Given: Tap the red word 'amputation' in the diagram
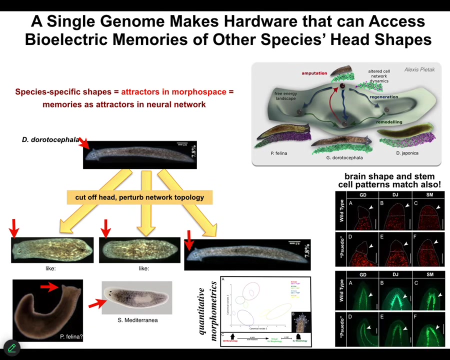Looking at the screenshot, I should pyautogui.click(x=314, y=73).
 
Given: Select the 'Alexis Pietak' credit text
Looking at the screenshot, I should pyautogui.click(x=419, y=69).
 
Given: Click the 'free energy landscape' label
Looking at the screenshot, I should pyautogui.click(x=285, y=95).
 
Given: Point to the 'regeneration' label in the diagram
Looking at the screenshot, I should pyautogui.click(x=384, y=97).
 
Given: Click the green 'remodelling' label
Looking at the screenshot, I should pyautogui.click(x=389, y=122).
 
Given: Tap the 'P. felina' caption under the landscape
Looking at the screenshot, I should pyautogui.click(x=278, y=153).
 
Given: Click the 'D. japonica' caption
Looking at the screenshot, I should pyautogui.click(x=407, y=153).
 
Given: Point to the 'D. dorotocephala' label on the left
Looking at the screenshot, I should pyautogui.click(x=50, y=139).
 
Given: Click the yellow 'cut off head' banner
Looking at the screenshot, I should pyautogui.click(x=139, y=197).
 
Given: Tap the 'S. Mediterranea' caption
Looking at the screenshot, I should pyautogui.click(x=137, y=319).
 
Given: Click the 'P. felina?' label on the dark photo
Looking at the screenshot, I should pyautogui.click(x=71, y=336).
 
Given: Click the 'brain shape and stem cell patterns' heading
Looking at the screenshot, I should pyautogui.click(x=389, y=180).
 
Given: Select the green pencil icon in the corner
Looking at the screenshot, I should pyautogui.click(x=11, y=347).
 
